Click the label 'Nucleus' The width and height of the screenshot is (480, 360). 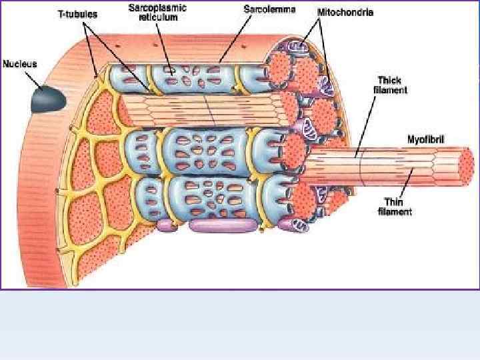20,65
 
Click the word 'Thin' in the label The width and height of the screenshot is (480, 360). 394,202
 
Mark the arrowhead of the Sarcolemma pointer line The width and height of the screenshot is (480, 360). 220,62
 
